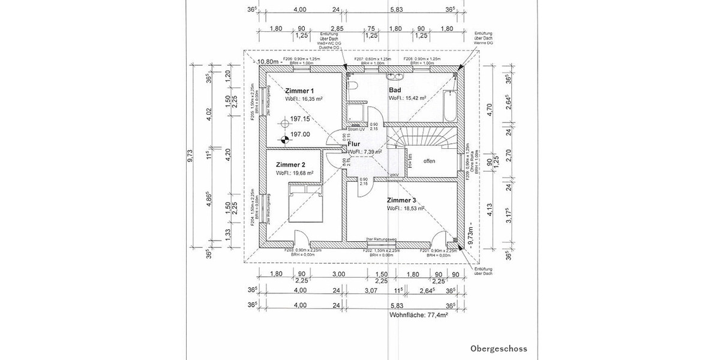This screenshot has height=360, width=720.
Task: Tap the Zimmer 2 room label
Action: (291, 164)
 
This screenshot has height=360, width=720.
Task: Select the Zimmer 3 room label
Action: (401, 200)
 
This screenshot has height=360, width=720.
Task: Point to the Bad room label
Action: (395, 89)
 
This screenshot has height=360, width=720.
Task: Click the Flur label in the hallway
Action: (354, 144)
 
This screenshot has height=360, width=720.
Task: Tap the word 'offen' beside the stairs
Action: (429, 161)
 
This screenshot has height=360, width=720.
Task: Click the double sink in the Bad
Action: (395, 76)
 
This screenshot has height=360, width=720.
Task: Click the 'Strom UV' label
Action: (356, 130)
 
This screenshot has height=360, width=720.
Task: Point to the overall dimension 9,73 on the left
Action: (191, 159)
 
